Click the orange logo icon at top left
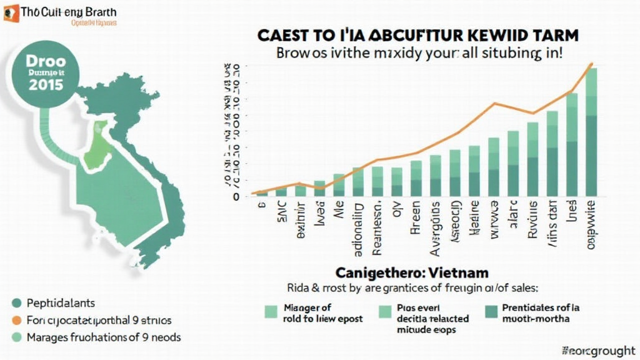(x=11, y=13)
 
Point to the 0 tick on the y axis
(x=236, y=196)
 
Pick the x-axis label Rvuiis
(x=532, y=221)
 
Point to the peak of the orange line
(x=591, y=64)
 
